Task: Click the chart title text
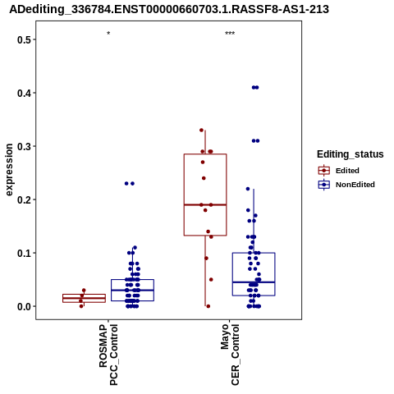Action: pos(169,9)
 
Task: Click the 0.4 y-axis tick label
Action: pos(23,93)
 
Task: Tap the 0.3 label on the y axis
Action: pos(23,146)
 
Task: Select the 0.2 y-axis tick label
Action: pos(23,199)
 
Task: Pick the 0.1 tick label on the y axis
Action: pos(23,253)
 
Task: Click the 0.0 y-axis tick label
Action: pos(23,306)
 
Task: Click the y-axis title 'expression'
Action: pos(9,170)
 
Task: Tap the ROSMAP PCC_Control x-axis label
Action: pos(108,355)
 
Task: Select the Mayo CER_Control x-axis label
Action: pos(230,355)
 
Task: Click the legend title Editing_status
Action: pos(350,154)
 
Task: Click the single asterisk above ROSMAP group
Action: pos(108,34)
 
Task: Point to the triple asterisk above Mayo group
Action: pos(230,34)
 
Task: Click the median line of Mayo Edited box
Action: pos(205,204)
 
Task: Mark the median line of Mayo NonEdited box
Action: pos(254,282)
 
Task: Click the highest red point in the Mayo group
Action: pos(201,130)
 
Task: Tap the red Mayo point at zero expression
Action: pos(208,306)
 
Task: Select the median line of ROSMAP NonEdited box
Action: pos(132,290)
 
